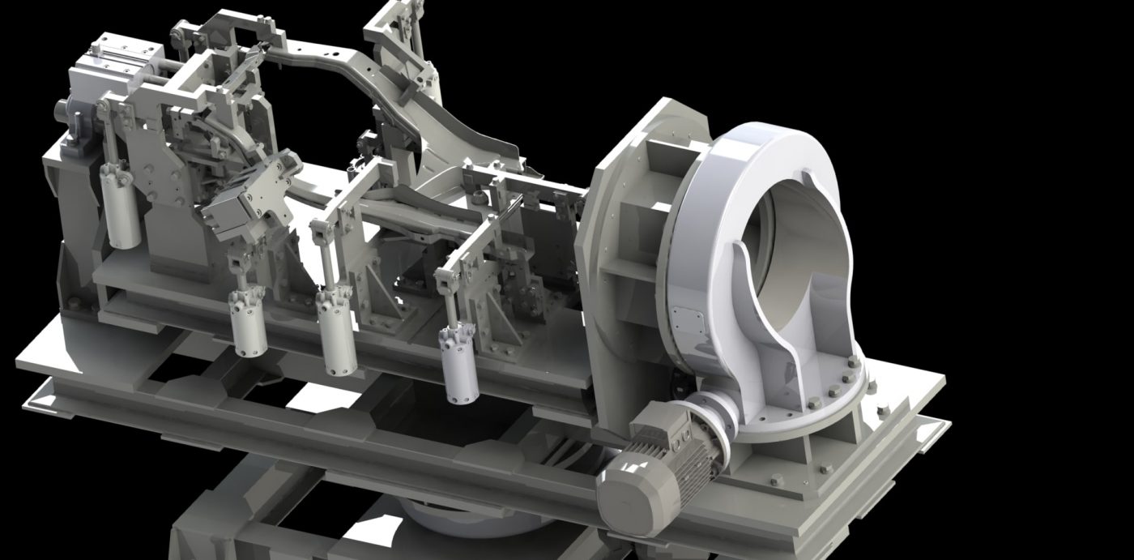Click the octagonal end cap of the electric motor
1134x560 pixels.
[x=628, y=495]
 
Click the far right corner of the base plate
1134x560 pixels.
[x=944, y=378]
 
